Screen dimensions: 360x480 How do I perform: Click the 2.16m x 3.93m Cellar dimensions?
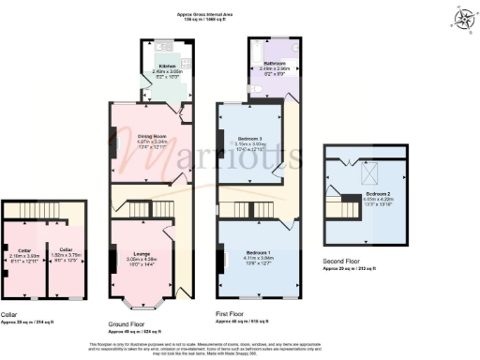(x=23, y=254)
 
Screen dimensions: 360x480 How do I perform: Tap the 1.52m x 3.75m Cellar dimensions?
(x=60, y=254)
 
